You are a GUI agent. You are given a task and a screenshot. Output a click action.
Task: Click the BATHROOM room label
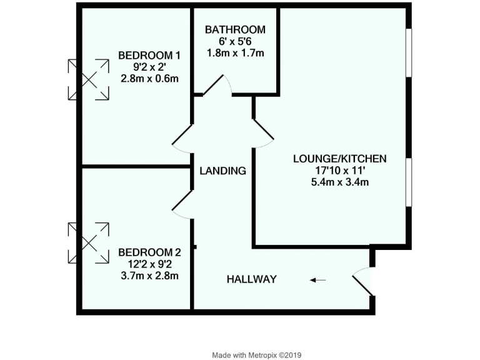(x=235, y=29)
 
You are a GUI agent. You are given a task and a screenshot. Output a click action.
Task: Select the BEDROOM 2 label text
(x=149, y=252)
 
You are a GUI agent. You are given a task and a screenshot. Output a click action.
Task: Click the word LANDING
(x=222, y=170)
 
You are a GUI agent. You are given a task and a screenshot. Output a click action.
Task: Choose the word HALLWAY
(x=251, y=279)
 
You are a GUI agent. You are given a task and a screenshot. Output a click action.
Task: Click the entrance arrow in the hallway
(x=318, y=280)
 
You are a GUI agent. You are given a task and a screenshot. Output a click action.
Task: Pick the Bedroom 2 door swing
(x=181, y=204)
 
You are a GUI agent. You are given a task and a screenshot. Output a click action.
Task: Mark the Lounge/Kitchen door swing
(x=262, y=132)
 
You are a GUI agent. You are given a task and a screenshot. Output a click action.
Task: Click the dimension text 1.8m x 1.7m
(x=235, y=53)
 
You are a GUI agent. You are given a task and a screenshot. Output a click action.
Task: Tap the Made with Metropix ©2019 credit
(x=257, y=354)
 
